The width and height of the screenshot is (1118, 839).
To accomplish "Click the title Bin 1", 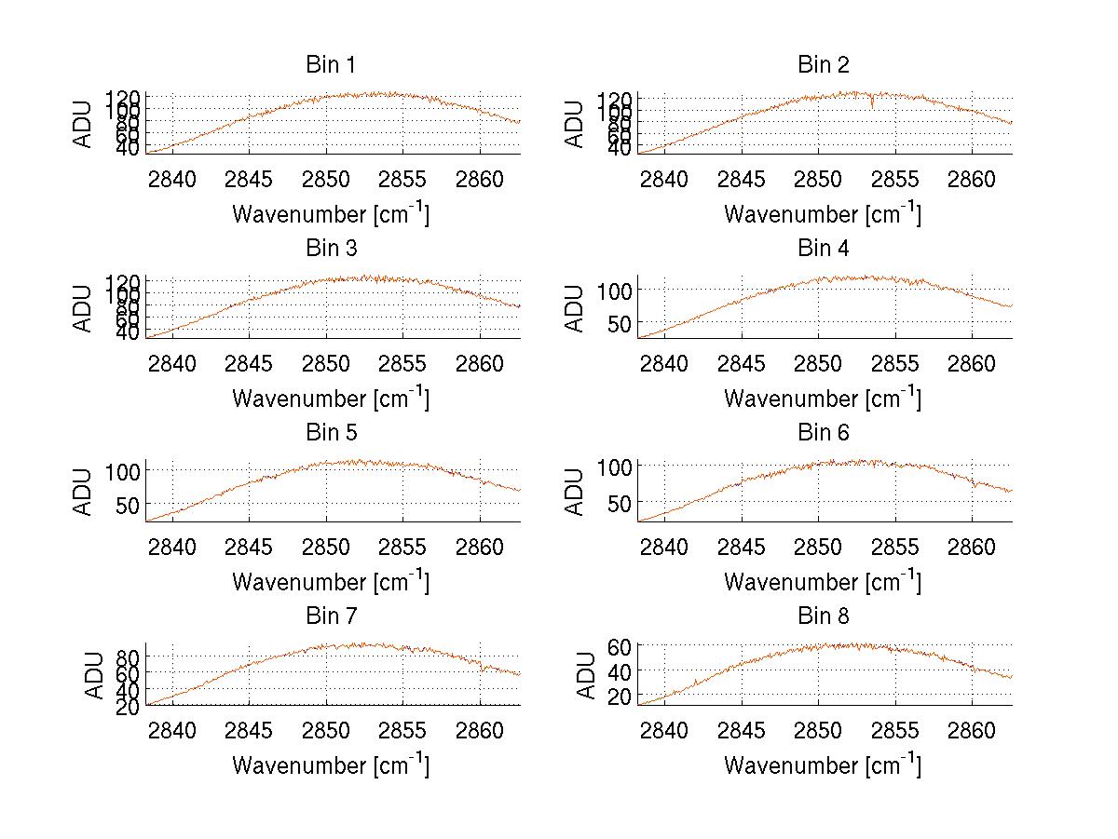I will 331,65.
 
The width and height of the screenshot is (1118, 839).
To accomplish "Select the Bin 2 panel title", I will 824,65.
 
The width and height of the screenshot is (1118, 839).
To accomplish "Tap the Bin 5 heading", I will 331,433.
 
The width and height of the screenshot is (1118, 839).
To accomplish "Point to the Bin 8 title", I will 824,616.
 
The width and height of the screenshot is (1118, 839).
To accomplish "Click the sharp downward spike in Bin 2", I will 872,103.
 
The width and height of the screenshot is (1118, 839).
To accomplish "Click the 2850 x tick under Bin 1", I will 326,179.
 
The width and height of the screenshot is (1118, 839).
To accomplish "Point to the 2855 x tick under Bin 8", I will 896,730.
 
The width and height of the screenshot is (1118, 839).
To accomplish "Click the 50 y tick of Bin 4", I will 619,324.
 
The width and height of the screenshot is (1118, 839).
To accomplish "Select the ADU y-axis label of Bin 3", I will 84,308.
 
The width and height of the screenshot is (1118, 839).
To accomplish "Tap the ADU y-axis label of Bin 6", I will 576,492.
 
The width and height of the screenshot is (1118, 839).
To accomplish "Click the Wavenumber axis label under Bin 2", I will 823,214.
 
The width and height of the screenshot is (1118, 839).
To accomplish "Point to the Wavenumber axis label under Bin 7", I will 331,765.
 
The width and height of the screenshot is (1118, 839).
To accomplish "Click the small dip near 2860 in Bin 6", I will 974,485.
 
